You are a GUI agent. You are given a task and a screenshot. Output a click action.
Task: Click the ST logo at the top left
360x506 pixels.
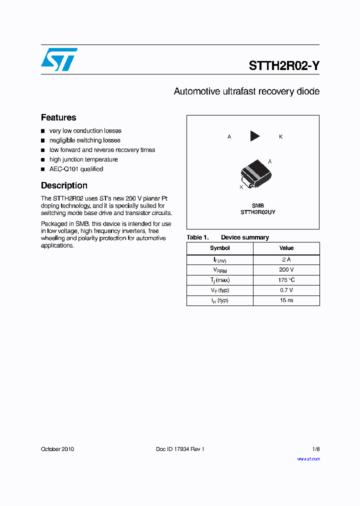(59, 59)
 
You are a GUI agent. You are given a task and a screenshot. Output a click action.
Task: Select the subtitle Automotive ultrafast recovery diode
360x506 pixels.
(246, 91)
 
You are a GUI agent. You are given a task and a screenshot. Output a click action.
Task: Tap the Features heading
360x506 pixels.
(58, 117)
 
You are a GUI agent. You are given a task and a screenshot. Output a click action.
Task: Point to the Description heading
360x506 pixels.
(64, 185)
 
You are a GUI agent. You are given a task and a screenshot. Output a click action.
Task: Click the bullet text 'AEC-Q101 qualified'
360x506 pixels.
(76, 169)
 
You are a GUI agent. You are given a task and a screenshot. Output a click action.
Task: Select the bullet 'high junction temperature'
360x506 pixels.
(83, 159)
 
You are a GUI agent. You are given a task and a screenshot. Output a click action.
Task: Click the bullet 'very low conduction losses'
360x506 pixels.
(85, 130)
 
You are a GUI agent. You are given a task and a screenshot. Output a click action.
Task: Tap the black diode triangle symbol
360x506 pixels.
(255, 136)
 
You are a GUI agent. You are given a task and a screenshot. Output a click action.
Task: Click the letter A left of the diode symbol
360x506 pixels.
(229, 136)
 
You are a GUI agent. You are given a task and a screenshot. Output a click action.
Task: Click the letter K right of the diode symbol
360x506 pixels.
(281, 136)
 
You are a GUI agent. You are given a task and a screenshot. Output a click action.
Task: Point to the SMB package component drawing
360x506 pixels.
(255, 173)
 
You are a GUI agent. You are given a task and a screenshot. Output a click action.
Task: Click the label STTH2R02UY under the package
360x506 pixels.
(258, 212)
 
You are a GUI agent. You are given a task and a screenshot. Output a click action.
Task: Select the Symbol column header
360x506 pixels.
(220, 248)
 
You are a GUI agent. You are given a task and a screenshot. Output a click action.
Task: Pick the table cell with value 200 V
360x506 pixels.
(286, 269)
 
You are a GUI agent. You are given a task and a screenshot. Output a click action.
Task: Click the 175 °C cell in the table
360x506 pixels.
(286, 280)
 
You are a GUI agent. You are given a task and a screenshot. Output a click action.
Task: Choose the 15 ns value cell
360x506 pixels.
(286, 300)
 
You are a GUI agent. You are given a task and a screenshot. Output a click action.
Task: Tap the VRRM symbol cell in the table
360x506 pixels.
(220, 270)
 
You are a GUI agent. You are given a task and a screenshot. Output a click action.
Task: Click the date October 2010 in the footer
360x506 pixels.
(57, 449)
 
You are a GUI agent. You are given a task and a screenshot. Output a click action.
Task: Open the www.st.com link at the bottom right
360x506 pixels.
(308, 458)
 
